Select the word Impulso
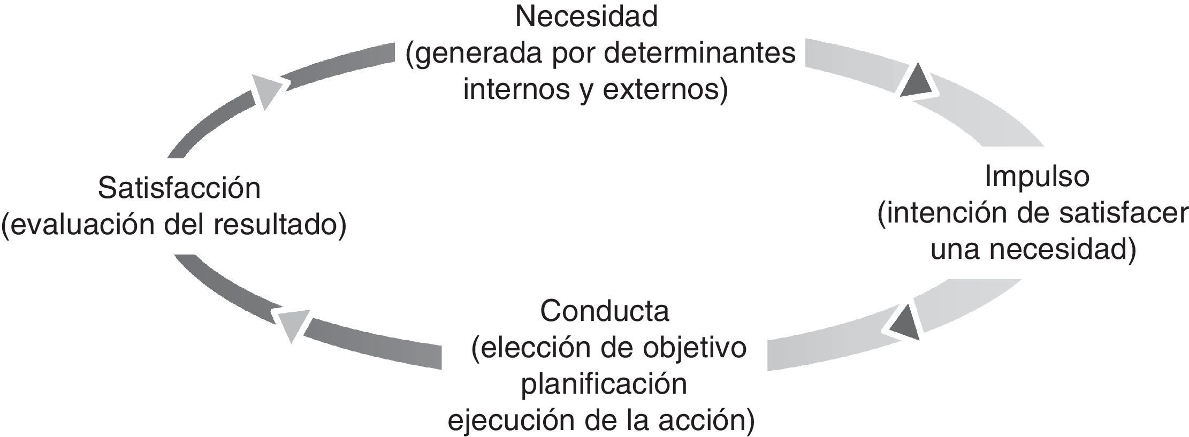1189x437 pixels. point(1036,177)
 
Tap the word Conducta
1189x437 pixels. point(605,311)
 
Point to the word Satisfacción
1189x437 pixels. point(179,189)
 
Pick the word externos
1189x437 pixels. point(664,89)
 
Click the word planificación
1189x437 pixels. point(604,384)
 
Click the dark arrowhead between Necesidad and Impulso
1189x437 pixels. point(919,82)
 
